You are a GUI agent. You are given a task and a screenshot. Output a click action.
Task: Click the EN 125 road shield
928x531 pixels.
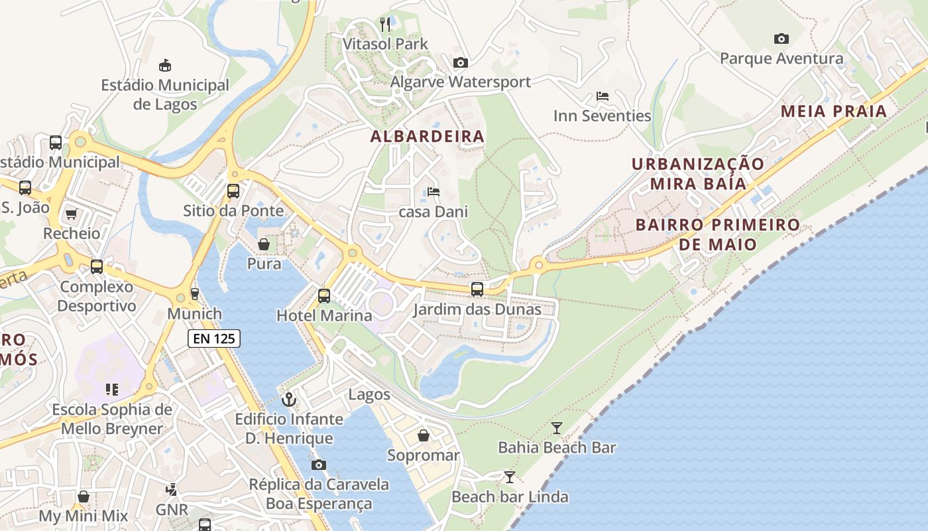click(213, 339)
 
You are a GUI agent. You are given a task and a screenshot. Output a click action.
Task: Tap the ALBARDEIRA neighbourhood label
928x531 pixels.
click(428, 137)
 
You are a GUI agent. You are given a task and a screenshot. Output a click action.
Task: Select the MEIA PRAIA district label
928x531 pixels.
click(833, 112)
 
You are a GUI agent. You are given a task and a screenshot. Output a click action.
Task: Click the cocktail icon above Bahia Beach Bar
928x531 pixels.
click(557, 428)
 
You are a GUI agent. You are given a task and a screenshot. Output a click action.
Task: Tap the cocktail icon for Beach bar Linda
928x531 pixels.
click(509, 477)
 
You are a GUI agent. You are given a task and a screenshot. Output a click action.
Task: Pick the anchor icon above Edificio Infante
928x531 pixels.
click(288, 400)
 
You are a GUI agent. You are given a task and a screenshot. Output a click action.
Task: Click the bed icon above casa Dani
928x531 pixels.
click(434, 192)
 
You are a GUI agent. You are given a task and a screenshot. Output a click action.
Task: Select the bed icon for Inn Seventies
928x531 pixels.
click(603, 96)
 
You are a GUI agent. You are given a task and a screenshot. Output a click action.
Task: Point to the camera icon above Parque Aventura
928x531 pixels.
click(782, 38)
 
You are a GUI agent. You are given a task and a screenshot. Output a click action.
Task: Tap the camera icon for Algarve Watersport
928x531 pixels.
click(460, 62)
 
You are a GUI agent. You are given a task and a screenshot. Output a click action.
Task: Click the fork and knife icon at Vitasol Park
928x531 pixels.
click(385, 25)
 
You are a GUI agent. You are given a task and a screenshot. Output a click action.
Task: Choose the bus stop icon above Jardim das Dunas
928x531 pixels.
click(477, 289)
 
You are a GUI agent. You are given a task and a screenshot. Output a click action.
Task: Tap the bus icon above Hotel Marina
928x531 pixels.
click(324, 296)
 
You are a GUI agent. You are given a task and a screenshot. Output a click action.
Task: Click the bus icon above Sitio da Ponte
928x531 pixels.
click(233, 191)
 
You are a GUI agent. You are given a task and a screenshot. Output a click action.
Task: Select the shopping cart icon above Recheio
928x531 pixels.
click(72, 214)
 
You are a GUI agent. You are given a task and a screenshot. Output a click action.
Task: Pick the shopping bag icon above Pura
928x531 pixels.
click(264, 244)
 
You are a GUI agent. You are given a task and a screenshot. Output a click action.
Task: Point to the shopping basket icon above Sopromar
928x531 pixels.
click(424, 435)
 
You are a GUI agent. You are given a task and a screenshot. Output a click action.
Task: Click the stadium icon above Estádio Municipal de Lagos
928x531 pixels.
click(165, 65)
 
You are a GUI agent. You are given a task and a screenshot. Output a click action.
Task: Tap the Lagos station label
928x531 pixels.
click(369, 394)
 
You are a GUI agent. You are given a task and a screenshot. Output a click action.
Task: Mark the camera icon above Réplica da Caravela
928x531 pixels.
click(319, 465)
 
